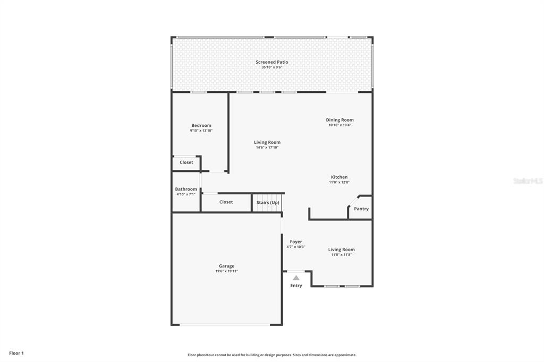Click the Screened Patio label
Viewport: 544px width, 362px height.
[272, 62]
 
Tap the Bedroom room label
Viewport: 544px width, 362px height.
[201, 125]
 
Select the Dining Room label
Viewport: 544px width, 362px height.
[339, 120]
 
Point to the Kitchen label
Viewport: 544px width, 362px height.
[339, 177]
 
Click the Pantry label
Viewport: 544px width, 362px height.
[361, 209]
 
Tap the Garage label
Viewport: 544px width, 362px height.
[226, 266]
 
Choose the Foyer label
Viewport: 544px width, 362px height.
[296, 242]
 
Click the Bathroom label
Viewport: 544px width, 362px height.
[186, 189]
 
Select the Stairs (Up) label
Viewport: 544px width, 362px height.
[268, 203]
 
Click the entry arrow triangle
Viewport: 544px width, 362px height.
[296, 278]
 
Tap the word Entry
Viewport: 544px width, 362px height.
[296, 286]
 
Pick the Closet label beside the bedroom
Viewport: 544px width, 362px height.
[186, 162]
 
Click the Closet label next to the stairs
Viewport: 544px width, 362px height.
[226, 202]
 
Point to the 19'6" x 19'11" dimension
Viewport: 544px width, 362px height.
[226, 271]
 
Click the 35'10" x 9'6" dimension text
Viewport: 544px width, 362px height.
[272, 67]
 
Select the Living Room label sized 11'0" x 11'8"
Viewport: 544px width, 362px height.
[342, 249]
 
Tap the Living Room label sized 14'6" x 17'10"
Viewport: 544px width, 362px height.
[267, 142]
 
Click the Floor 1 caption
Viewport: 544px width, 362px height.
[16, 354]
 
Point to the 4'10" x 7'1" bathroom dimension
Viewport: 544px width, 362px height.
[186, 194]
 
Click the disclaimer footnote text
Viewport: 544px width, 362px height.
[272, 355]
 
